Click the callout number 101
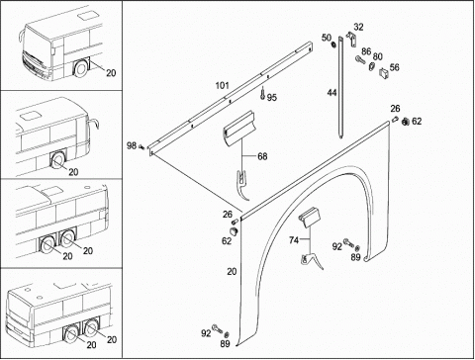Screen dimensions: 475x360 point(222,86)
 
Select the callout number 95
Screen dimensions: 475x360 point(272,98)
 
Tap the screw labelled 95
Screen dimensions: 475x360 point(262,93)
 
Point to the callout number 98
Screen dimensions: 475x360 point(132,145)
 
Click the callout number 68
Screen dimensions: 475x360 point(262,156)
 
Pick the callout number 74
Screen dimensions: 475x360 point(294,240)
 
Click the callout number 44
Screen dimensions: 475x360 point(332,93)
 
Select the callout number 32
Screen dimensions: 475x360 point(358,27)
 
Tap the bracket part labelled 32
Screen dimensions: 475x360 point(351,39)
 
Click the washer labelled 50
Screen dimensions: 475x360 point(333,44)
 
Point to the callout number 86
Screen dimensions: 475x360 point(366,51)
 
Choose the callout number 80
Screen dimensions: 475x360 point(377,56)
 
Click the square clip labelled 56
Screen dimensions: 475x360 point(384,72)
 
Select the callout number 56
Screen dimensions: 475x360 point(395,67)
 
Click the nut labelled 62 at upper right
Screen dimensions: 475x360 point(405,123)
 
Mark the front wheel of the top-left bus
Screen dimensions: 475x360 point(81,68)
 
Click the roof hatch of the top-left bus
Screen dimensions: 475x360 point(88,15)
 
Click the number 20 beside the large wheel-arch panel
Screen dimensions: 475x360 point(232,272)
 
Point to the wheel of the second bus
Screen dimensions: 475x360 point(57,161)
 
